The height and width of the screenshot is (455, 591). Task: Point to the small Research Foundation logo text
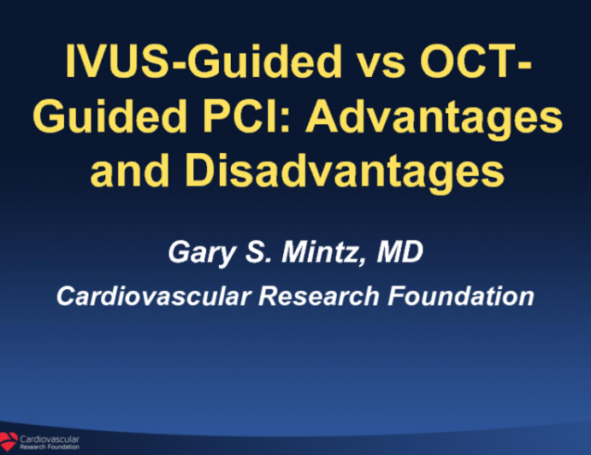51,446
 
